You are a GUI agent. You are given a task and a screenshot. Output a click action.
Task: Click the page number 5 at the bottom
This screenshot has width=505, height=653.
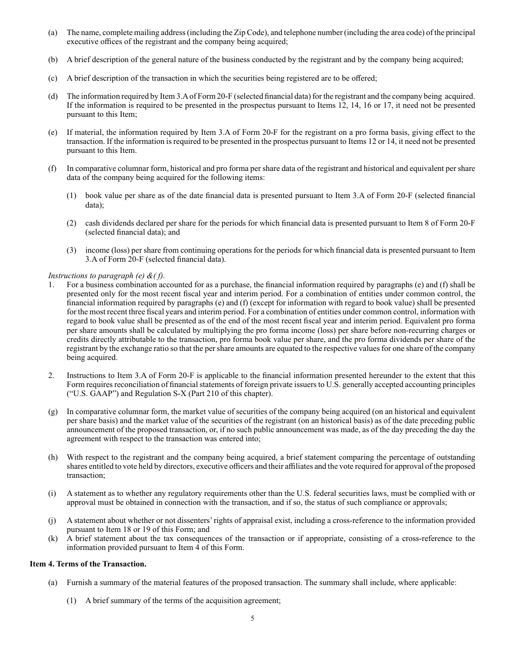pos(252,618)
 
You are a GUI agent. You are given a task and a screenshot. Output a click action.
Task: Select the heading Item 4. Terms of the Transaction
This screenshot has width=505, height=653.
pos(88,564)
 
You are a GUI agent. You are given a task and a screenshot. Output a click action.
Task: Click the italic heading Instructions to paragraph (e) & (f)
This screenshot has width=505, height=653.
pos(106,276)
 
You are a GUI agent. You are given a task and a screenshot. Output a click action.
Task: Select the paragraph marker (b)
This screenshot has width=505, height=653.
pos(53,60)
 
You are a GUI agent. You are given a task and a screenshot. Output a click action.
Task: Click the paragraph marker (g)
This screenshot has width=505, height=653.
pos(53,411)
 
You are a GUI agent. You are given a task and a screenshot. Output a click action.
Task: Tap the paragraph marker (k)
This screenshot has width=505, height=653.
pos(53,538)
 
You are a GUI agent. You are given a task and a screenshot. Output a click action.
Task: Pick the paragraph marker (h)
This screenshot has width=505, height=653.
pos(53,457)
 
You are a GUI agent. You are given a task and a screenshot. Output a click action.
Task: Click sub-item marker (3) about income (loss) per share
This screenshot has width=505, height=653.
pos(71,250)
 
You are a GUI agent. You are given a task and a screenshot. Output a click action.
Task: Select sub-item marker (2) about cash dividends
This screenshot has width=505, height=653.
pos(71,223)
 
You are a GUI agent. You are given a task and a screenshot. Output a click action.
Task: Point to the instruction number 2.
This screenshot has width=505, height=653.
pos(51,375)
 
